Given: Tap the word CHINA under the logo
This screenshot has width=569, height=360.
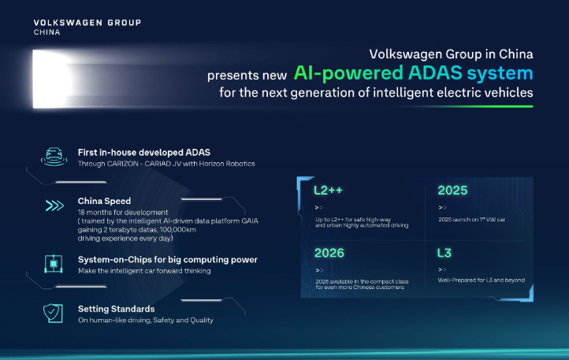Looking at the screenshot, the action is pyautogui.click(x=46, y=32).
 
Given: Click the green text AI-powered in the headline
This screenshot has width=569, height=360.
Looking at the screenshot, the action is pyautogui.click(x=348, y=73).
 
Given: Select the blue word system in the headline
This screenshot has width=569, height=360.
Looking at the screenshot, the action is pyautogui.click(x=500, y=73).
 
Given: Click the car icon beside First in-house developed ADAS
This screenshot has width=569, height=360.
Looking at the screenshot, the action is pyautogui.click(x=54, y=157).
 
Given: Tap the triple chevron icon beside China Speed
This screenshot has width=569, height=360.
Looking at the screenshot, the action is pyautogui.click(x=54, y=206).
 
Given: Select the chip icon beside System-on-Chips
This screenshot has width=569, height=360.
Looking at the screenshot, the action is pyautogui.click(x=54, y=264).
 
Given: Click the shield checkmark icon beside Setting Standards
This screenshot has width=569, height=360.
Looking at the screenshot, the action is pyautogui.click(x=53, y=314).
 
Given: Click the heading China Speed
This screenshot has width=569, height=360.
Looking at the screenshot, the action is pyautogui.click(x=104, y=201).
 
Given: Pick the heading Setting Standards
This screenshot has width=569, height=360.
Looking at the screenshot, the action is pyautogui.click(x=116, y=309).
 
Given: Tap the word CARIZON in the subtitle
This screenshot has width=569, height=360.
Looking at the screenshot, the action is pyautogui.click(x=123, y=164).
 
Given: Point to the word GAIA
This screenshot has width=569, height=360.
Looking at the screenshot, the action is pyautogui.click(x=250, y=221).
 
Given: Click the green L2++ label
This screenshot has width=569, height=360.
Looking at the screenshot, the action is pyautogui.click(x=328, y=190).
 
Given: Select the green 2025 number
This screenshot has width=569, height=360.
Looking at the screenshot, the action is pyautogui.click(x=452, y=190).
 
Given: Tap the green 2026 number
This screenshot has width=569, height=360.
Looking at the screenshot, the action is pyautogui.click(x=329, y=253).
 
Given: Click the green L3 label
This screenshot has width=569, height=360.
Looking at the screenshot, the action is pyautogui.click(x=444, y=253).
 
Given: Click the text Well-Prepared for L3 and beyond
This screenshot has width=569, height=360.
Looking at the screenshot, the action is pyautogui.click(x=482, y=280).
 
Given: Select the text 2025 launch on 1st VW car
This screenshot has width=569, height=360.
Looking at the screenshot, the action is pyautogui.click(x=472, y=219).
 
